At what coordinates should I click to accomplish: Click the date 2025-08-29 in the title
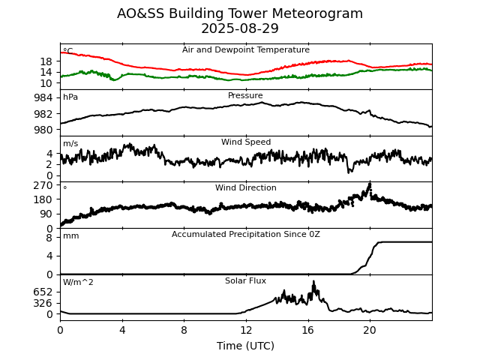[240, 28]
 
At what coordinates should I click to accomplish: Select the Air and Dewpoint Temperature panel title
[246, 50]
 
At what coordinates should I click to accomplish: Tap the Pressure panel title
[246, 96]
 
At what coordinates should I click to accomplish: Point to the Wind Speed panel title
[246, 142]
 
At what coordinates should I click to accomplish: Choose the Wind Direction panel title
[246, 188]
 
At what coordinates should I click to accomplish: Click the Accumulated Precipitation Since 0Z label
[246, 235]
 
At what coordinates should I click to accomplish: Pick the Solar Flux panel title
[246, 281]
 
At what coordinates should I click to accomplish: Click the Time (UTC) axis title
[246, 346]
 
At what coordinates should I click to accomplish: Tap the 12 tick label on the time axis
[246, 330]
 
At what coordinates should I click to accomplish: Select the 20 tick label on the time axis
[370, 330]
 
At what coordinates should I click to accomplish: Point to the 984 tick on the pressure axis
[43, 97]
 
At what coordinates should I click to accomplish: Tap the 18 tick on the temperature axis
[46, 61]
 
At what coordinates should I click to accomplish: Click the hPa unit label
[70, 97]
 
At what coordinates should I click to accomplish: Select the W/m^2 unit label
[78, 283]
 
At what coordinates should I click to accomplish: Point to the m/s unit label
[70, 144]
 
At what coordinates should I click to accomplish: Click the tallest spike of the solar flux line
[313, 281]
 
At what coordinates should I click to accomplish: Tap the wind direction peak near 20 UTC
[369, 184]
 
